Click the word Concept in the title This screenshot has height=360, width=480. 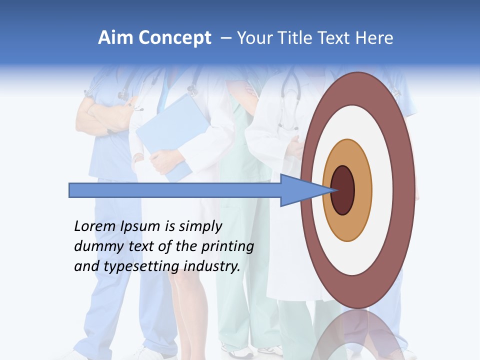click(173, 38)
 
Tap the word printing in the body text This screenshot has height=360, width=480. click(227, 247)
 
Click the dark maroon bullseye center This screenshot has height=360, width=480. click(343, 190)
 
